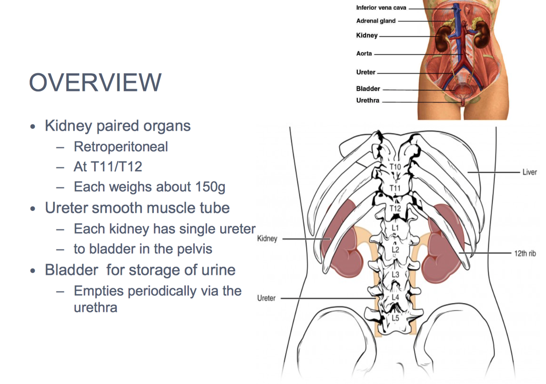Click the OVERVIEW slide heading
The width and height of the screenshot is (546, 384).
(x=95, y=82)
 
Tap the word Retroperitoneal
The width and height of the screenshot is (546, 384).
(x=121, y=147)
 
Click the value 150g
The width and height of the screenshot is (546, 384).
(x=210, y=187)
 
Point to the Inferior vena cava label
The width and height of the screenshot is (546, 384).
(x=381, y=7)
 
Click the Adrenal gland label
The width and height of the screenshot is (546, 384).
(x=376, y=21)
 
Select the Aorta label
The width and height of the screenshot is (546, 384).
(x=364, y=53)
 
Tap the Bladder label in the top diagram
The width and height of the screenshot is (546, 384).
(x=368, y=88)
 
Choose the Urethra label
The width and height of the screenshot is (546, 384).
(x=368, y=100)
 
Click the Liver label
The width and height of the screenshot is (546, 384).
(x=529, y=172)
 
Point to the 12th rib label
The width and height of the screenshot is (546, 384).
(x=525, y=253)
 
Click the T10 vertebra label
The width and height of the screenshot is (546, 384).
(x=395, y=167)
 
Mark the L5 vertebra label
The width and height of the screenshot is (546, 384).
(x=395, y=318)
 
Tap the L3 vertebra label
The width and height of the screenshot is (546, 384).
(x=395, y=274)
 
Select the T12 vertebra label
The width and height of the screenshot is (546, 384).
(x=395, y=208)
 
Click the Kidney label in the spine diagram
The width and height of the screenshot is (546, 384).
(x=267, y=238)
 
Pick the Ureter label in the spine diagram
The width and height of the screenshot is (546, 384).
(x=266, y=298)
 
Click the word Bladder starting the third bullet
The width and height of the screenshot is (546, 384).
(x=72, y=270)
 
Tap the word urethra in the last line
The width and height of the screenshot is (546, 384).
(x=95, y=307)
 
